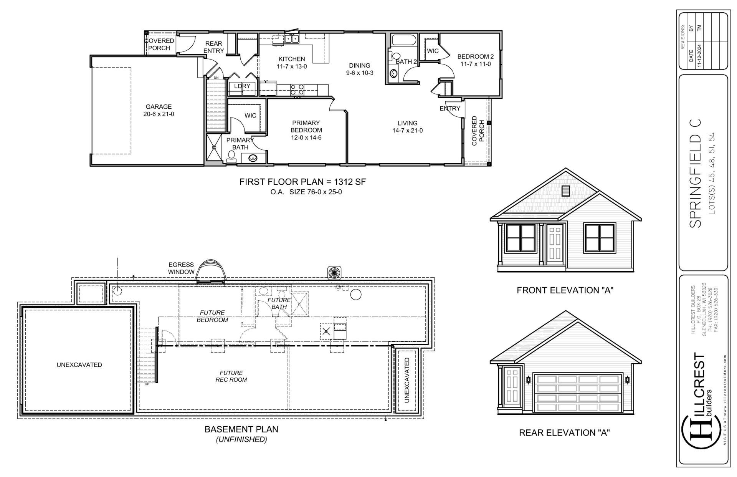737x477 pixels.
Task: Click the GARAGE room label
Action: [x=159, y=107]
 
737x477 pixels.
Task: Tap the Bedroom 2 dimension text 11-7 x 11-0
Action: [x=476, y=64]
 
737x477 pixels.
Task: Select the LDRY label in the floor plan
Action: [x=242, y=86]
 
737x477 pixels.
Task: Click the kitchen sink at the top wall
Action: [x=292, y=38]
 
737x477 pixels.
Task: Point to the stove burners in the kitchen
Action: [x=297, y=89]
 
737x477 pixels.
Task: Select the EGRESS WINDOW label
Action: [x=181, y=268]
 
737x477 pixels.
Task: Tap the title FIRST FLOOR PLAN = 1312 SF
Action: [x=302, y=182]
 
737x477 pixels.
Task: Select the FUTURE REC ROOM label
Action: [x=231, y=376]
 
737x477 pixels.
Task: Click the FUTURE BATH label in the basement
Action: [x=279, y=303]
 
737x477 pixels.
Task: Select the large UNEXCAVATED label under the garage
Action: [x=79, y=365]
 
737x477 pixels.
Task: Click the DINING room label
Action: [x=359, y=65]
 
